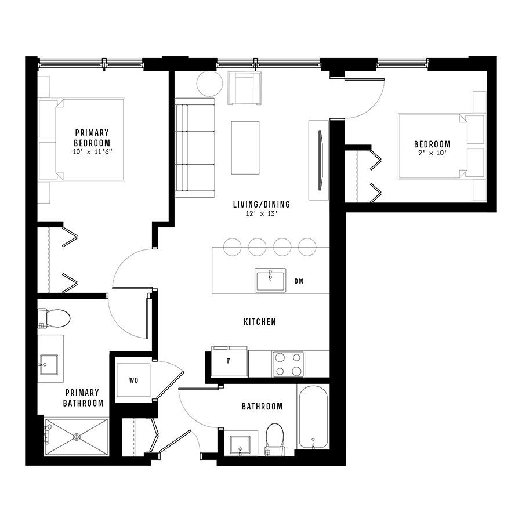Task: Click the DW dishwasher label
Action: click(299, 281)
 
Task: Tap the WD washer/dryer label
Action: click(133, 380)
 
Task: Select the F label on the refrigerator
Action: click(229, 361)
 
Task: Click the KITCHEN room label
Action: click(260, 322)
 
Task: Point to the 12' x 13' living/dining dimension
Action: click(262, 213)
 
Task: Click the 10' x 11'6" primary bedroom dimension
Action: click(93, 152)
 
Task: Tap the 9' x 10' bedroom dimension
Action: click(432, 153)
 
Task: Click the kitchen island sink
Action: click(270, 280)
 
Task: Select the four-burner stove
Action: click(288, 364)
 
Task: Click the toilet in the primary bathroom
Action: click(53, 318)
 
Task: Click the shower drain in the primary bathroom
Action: click(77, 436)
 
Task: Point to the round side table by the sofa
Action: click(209, 84)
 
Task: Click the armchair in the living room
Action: click(244, 88)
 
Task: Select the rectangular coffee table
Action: click(245, 148)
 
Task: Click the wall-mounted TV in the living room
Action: click(321, 161)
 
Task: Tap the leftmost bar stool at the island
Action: click(233, 247)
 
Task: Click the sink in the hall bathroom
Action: click(240, 445)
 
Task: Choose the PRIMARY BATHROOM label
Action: click(83, 398)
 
